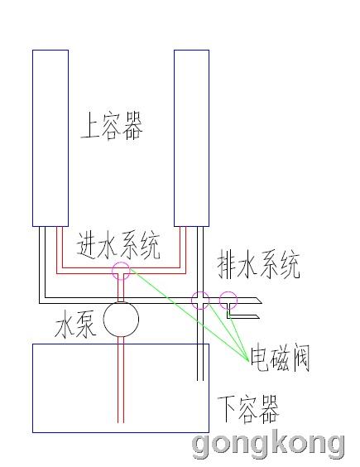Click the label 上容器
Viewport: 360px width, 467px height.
[112, 126]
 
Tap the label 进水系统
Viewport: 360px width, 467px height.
[118, 245]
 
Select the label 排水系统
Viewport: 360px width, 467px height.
[259, 264]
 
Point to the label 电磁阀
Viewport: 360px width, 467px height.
[280, 358]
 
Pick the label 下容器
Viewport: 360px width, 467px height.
[248, 409]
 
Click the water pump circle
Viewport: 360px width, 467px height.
[121, 319]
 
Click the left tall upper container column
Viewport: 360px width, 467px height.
[50, 138]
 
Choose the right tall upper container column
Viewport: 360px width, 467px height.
[192, 138]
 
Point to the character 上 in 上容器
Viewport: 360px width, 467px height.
[89, 126]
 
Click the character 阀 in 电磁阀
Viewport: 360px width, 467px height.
[300, 358]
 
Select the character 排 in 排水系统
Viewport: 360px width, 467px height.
[228, 264]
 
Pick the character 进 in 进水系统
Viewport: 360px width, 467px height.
[86, 245]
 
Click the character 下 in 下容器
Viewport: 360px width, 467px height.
[227, 409]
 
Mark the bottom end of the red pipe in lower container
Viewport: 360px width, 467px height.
[121, 422]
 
